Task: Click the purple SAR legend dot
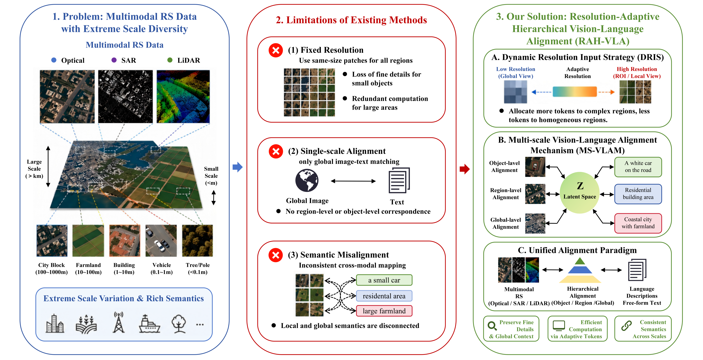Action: (114, 60)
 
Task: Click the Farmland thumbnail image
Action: (88, 241)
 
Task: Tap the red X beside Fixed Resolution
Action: (276, 50)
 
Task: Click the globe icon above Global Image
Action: (307, 180)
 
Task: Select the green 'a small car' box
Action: (384, 280)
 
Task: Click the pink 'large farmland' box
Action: (384, 311)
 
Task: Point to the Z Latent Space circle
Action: (580, 192)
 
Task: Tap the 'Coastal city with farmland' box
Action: (638, 223)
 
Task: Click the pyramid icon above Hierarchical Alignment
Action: (580, 270)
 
